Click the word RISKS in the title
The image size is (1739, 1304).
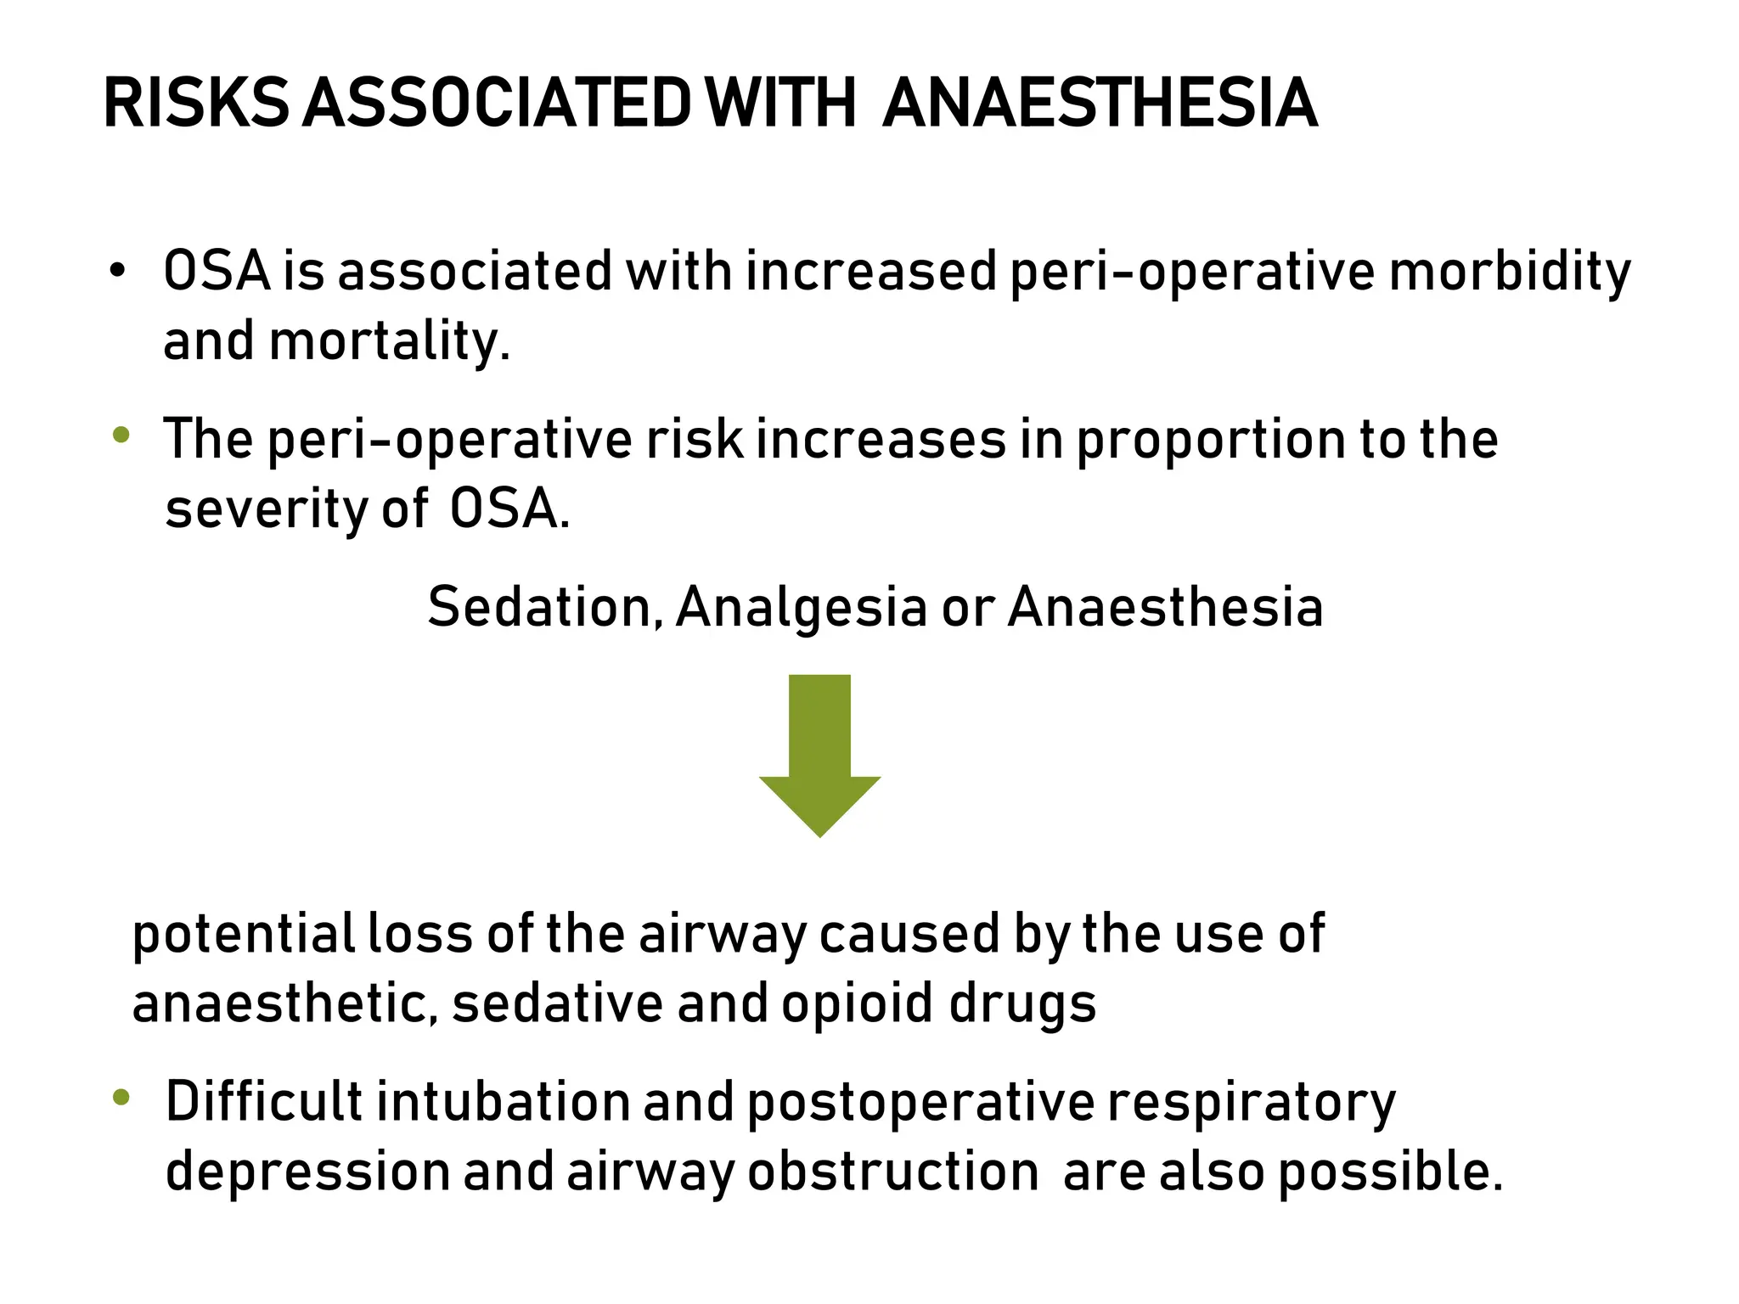tap(196, 104)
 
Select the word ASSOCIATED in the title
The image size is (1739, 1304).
tap(498, 104)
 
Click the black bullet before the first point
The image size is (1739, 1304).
tap(117, 272)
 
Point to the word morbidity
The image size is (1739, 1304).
tap(1510, 272)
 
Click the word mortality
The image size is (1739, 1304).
tap(390, 341)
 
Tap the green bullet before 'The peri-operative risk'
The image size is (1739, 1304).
tap(121, 436)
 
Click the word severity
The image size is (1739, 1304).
tap(266, 510)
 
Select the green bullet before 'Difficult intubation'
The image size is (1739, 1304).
tap(121, 1098)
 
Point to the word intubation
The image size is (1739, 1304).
tap(503, 1102)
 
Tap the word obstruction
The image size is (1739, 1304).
tap(893, 1172)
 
